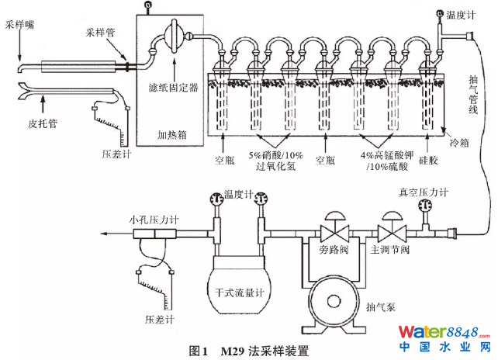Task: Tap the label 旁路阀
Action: tap(331, 251)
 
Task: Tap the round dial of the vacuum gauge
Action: tap(424, 206)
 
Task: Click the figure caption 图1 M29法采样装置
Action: tap(248, 351)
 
